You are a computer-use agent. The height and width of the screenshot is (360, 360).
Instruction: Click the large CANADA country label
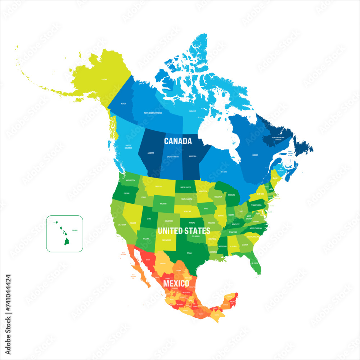(x=178, y=141)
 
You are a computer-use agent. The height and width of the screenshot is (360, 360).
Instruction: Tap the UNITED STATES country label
(x=184, y=231)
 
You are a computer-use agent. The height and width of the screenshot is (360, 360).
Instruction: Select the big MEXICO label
(x=176, y=284)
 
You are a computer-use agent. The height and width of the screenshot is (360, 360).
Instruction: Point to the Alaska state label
(x=104, y=79)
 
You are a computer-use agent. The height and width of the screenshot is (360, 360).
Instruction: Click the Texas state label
(x=189, y=253)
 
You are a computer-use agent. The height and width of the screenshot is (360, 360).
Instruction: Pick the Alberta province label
(x=151, y=153)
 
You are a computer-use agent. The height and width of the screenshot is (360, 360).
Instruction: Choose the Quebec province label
(x=255, y=155)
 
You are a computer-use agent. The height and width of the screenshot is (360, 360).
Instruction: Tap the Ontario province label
(x=224, y=172)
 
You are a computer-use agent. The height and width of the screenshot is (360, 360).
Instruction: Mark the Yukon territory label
(x=123, y=103)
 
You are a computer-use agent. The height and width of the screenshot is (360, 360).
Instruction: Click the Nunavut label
(x=193, y=111)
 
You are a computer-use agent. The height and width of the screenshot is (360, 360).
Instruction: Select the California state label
(x=121, y=225)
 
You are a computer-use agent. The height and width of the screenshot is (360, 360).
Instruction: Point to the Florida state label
(x=255, y=263)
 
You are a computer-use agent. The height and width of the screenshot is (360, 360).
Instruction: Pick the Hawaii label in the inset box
(x=75, y=230)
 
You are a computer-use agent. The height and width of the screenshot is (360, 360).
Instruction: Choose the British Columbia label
(x=128, y=147)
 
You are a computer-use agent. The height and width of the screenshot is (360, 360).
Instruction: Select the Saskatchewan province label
(x=172, y=157)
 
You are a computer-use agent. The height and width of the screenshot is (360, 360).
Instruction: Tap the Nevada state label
(x=133, y=223)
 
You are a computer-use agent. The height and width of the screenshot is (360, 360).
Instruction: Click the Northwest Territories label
(x=153, y=113)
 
